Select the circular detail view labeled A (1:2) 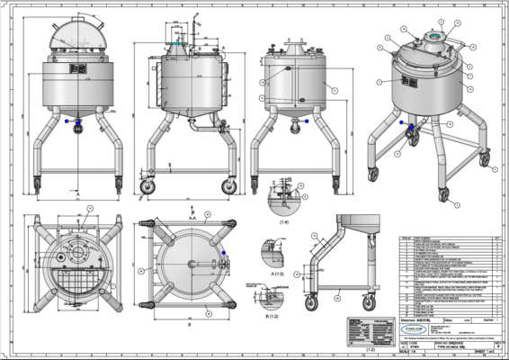(x=271, y=249)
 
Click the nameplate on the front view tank (x=77, y=68)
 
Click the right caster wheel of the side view (x=228, y=186)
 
